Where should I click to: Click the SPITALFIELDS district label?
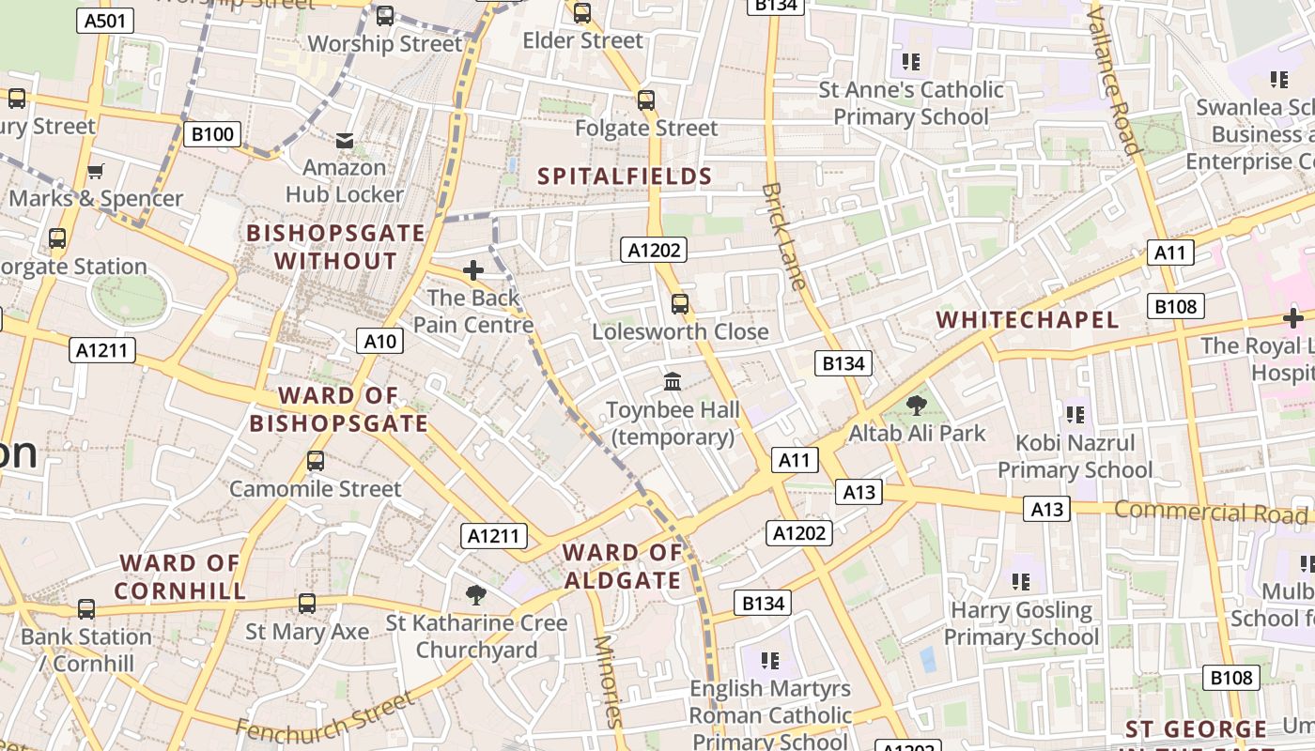[x=625, y=176]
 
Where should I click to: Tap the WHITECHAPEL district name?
[x=1028, y=319]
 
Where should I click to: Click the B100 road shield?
[x=212, y=134]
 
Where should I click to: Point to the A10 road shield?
[x=379, y=341]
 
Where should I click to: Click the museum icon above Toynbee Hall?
[x=673, y=381]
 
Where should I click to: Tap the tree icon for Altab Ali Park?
[x=917, y=406]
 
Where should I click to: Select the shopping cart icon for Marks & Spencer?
[x=95, y=171]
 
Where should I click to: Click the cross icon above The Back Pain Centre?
[x=473, y=270]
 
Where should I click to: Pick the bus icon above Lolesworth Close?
[x=680, y=304]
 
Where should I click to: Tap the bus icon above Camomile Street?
[x=316, y=461]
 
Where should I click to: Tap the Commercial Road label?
[x=1211, y=513]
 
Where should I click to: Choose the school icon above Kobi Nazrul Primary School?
[x=1075, y=414]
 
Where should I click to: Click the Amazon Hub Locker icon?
[x=345, y=140]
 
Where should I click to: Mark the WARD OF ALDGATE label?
[x=623, y=566]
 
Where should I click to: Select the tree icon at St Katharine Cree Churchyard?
[x=476, y=594]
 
